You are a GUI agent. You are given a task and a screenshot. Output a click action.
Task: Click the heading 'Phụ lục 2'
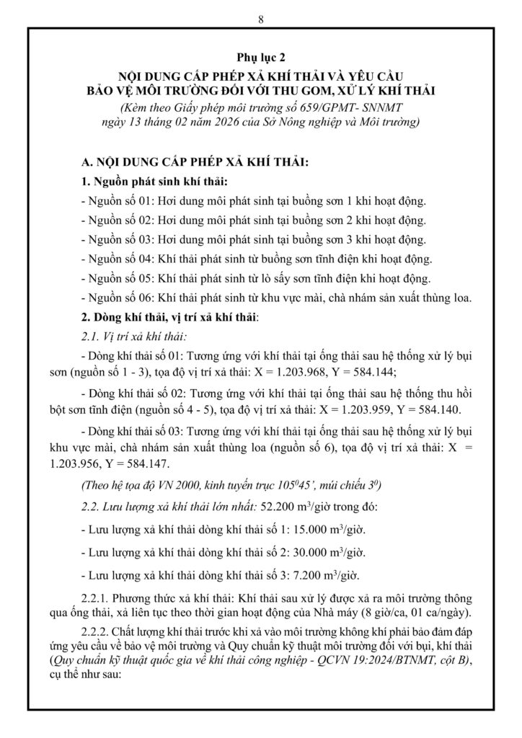pos(260,57)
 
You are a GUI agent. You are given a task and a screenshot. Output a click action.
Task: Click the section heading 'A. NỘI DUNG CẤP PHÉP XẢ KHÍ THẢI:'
pos(196,164)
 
